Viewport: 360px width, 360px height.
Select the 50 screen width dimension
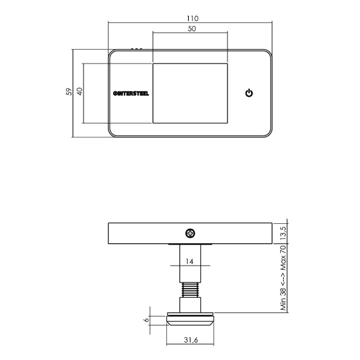(191, 29)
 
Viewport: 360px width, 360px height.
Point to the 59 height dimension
(69, 92)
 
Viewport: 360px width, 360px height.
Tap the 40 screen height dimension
(80, 92)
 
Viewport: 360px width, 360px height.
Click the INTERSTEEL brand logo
(131, 93)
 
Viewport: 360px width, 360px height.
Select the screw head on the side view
(190, 232)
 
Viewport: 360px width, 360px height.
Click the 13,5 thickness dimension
(282, 232)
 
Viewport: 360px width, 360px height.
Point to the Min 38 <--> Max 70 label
(282, 278)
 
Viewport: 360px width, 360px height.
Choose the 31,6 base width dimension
(190, 341)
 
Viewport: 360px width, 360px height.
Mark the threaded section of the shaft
(190, 290)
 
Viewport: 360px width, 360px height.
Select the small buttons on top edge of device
(137, 48)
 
